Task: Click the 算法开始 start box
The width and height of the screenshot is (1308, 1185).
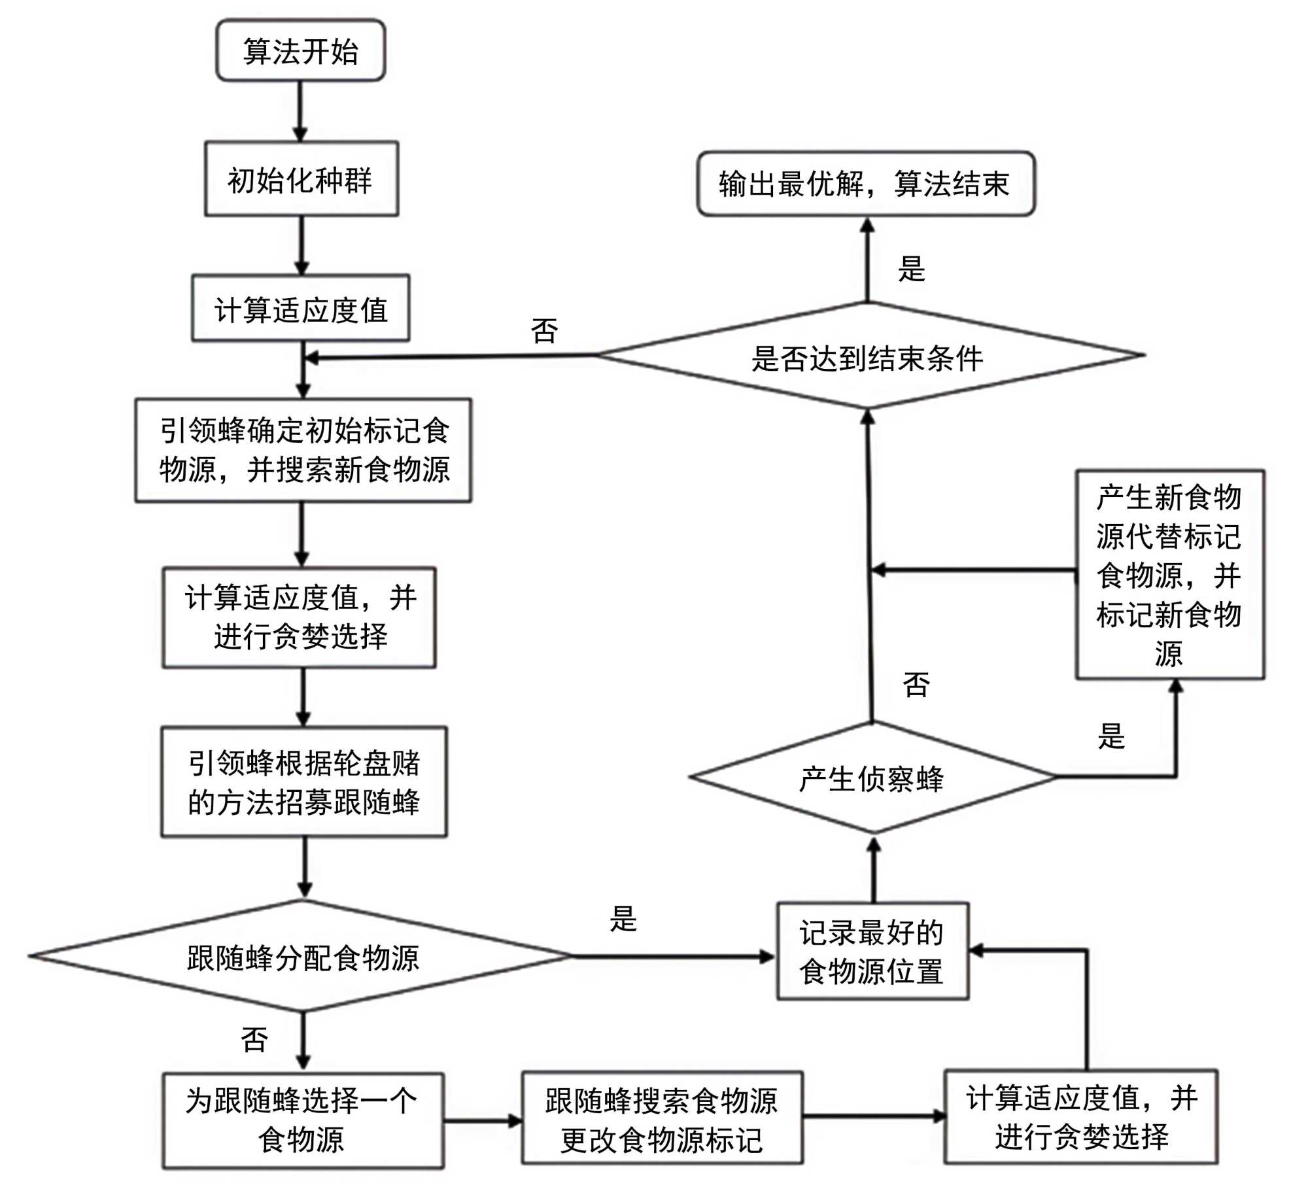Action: [300, 50]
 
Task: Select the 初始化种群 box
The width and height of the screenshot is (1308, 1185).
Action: [301, 179]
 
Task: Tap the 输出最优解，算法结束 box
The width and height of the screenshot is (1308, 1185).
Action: [865, 184]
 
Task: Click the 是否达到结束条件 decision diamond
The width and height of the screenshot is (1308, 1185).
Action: [868, 357]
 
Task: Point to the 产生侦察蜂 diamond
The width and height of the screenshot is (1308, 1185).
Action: [872, 778]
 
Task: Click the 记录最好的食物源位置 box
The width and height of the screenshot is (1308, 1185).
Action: [872, 952]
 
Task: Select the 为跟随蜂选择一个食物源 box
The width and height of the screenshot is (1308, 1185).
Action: [302, 1120]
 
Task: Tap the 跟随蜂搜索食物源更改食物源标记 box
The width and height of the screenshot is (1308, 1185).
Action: [661, 1119]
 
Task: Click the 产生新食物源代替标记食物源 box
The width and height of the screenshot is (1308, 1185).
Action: [1169, 574]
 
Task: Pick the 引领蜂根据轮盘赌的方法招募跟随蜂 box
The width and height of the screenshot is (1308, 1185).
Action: [304, 781]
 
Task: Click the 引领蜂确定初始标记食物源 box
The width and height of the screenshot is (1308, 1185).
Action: [303, 450]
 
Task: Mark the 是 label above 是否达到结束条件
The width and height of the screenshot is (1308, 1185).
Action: [912, 269]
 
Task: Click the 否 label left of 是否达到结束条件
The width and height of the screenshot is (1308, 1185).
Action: [545, 331]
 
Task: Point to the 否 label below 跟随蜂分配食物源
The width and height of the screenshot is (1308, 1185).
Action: [254, 1040]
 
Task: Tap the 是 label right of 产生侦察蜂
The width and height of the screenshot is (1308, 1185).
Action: [1112, 736]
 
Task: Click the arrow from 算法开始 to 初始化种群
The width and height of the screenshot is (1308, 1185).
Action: [300, 111]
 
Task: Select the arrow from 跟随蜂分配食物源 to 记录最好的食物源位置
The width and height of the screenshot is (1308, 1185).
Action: [674, 957]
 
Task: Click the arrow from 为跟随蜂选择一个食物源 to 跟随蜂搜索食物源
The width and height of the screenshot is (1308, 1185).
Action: [483, 1121]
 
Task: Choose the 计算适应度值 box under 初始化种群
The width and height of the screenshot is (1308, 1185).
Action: [301, 309]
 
